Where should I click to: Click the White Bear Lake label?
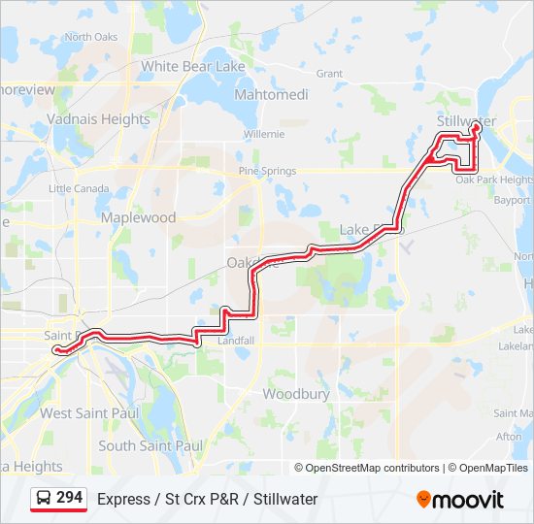[x=193, y=67]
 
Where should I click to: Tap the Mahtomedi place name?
[x=272, y=95]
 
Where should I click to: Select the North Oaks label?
[x=90, y=38]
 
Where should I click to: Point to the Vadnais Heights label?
[x=98, y=119]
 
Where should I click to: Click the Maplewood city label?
[x=139, y=217]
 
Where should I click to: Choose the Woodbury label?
[x=296, y=394]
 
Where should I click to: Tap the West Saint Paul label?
[x=89, y=413]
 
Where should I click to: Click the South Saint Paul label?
[x=150, y=445]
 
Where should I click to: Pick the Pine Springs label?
[x=267, y=171]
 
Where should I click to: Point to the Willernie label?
[x=264, y=134]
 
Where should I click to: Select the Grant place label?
[x=329, y=74]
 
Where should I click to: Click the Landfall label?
[x=235, y=342]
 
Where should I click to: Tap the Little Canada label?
[x=79, y=188]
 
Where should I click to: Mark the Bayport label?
[x=513, y=201]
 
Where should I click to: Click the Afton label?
[x=509, y=437]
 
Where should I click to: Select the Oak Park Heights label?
[x=494, y=180]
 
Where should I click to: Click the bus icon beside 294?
[x=44, y=499]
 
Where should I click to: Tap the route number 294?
[x=69, y=498]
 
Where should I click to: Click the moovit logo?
[x=460, y=500]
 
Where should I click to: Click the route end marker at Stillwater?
[x=477, y=126]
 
